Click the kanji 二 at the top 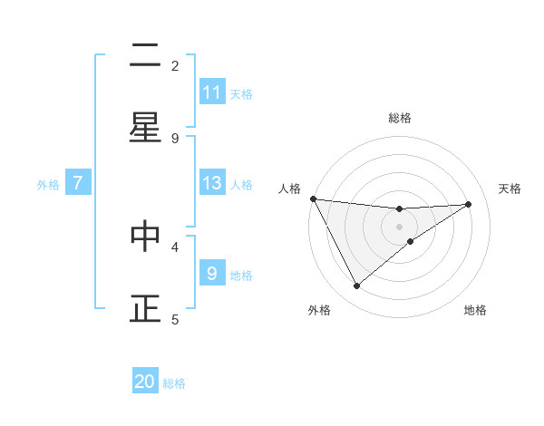pos(145,57)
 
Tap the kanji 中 pos(145,237)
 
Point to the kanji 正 pos(145,309)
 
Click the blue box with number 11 pos(212,92)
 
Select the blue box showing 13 pos(212,183)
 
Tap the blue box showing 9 pos(212,273)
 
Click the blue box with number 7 pos(78,183)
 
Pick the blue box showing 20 pos(145,382)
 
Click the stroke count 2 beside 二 pos(175,65)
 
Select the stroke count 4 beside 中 pos(175,246)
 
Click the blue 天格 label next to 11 pos(241,93)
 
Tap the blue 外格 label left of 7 pos(48,184)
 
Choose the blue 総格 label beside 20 pos(174,382)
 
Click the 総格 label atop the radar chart pos(399,118)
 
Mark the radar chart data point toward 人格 pos(313,198)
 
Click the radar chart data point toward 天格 pos(469,204)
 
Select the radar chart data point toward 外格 pos(356,286)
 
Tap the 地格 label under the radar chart pos(475,310)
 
